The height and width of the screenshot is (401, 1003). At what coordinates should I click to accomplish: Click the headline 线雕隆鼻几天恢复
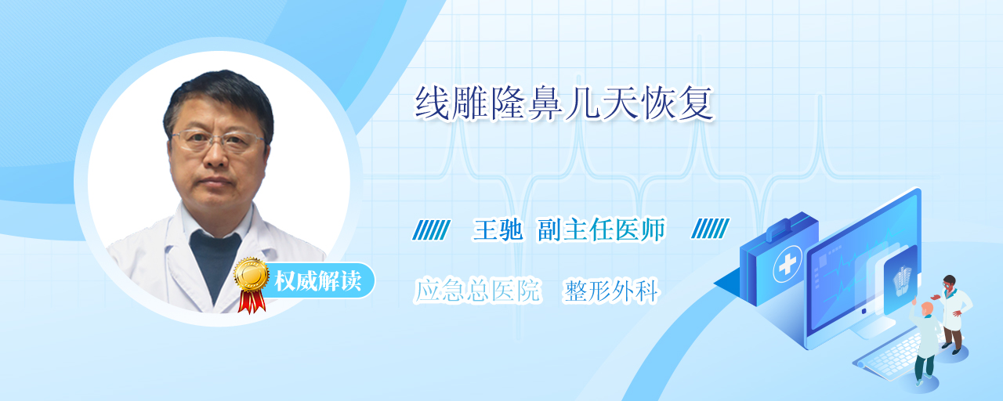[564, 104]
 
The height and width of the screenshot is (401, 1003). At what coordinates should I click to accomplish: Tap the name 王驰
[498, 230]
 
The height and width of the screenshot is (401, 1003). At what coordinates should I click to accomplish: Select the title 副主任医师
[602, 230]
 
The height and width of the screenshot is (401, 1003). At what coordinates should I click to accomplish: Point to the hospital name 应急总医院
[478, 290]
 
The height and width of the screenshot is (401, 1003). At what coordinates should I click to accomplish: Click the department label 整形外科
[611, 291]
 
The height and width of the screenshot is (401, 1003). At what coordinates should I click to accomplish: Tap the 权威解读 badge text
[318, 281]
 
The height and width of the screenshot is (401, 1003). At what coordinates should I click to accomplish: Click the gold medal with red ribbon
[252, 284]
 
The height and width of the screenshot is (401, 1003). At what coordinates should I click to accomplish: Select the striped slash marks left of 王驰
[431, 229]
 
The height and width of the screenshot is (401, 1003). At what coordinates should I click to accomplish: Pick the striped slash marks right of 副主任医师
[710, 228]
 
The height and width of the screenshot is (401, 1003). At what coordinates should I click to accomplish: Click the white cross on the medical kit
[788, 265]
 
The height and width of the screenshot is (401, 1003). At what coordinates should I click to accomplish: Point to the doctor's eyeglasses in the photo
[218, 140]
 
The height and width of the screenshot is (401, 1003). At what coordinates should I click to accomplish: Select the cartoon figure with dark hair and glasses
[952, 313]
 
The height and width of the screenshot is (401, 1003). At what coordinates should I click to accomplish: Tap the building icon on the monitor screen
[902, 281]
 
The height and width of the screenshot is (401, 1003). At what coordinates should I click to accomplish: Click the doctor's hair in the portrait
[218, 101]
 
